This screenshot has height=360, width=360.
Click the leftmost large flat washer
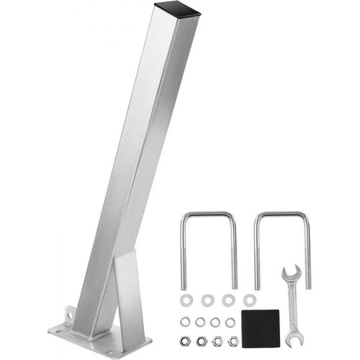tap(186, 300)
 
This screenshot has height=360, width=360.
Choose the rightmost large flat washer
tap(249, 300)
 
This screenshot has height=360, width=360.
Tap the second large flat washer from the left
tap(207, 300)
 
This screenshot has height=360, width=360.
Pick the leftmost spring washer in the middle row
tap(185, 322)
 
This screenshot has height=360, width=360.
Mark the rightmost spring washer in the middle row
tap(230, 322)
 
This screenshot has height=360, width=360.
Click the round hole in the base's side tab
tap(71, 314)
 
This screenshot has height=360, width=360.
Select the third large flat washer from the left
tap(228, 300)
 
